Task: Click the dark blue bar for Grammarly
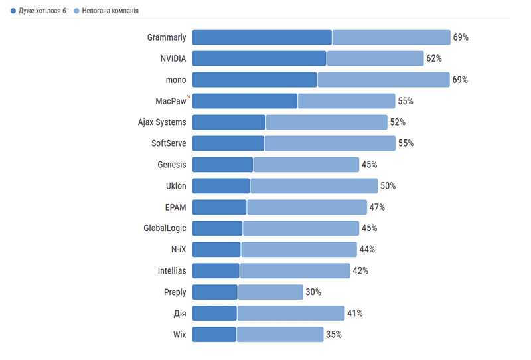pos(262,37)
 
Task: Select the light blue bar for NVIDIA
pos(375,58)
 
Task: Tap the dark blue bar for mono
pos(254,80)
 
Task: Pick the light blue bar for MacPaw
pos(346,101)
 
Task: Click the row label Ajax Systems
pos(162,122)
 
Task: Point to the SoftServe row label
pos(169,143)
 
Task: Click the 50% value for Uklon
pos(388,186)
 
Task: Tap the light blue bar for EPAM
pos(307,207)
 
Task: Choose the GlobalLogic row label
pos(165,228)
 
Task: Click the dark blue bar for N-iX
pos(216,250)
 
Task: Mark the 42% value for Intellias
pos(360,271)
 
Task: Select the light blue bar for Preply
pos(271,292)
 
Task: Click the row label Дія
pos(179,314)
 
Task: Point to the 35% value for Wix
pos(334,335)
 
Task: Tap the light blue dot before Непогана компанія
pos(76,11)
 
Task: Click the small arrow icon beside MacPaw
pos(189,97)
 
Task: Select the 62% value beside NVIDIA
pos(434,58)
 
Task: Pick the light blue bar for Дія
pos(291,314)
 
